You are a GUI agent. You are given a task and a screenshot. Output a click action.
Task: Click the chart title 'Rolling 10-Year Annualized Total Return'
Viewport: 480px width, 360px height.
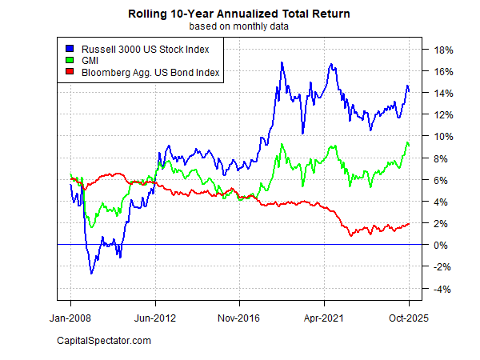tap(239, 14)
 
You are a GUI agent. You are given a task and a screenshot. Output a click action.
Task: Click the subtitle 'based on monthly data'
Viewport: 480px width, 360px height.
tap(239, 26)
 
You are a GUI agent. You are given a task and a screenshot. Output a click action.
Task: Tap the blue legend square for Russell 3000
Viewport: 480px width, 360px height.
tap(70, 50)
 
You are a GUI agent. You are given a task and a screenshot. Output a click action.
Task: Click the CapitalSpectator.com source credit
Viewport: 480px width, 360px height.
tap(104, 342)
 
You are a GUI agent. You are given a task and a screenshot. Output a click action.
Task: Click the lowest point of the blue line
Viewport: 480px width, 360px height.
tap(91, 274)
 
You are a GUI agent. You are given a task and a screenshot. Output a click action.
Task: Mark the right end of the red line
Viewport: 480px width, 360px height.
tap(409, 224)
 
